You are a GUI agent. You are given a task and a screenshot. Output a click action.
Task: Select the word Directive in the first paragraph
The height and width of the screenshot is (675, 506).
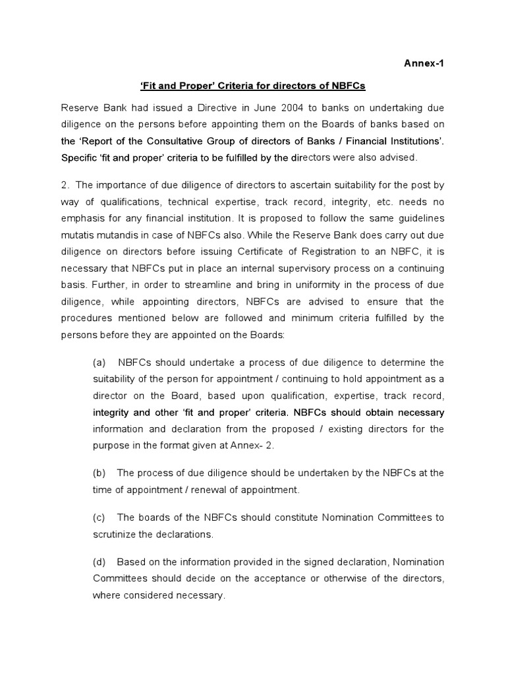(184, 108)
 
